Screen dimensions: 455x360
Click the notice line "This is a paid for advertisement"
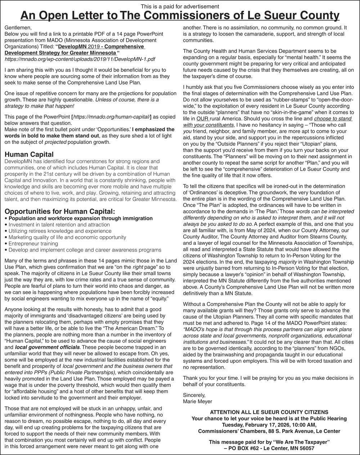[180, 6]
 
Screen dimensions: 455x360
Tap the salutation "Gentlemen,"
[18, 28]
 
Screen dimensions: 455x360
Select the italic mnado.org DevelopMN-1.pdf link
[80, 59]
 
